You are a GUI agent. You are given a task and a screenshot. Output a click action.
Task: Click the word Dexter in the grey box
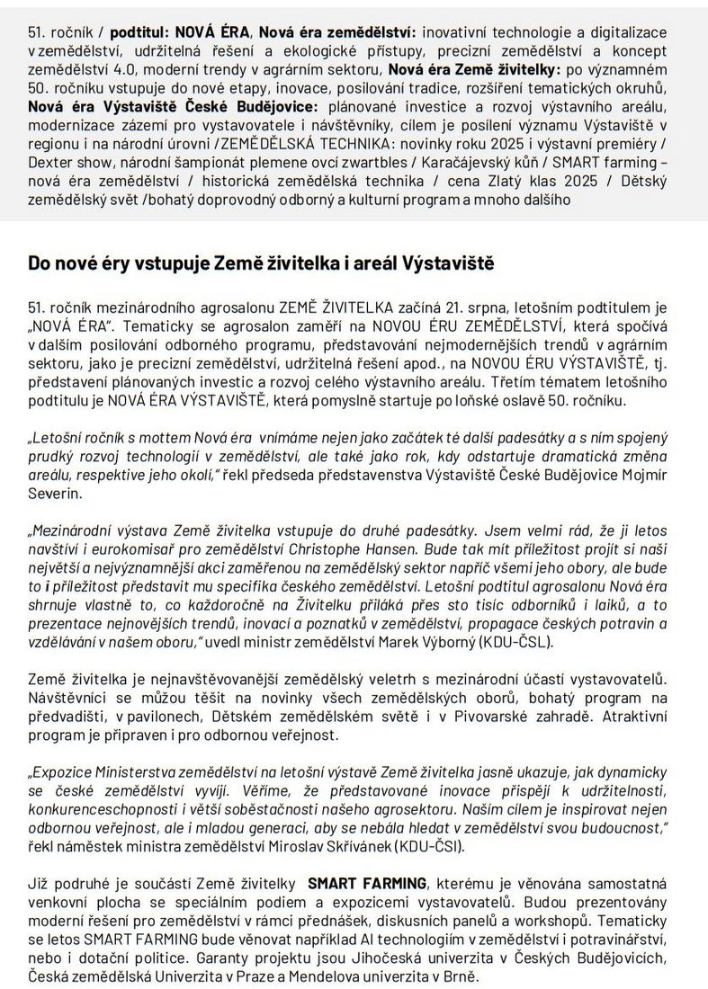coord(49,164)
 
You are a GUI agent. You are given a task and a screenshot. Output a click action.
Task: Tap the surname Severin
coord(54,494)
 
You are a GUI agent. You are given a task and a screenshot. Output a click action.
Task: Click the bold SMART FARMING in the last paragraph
coord(367,884)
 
